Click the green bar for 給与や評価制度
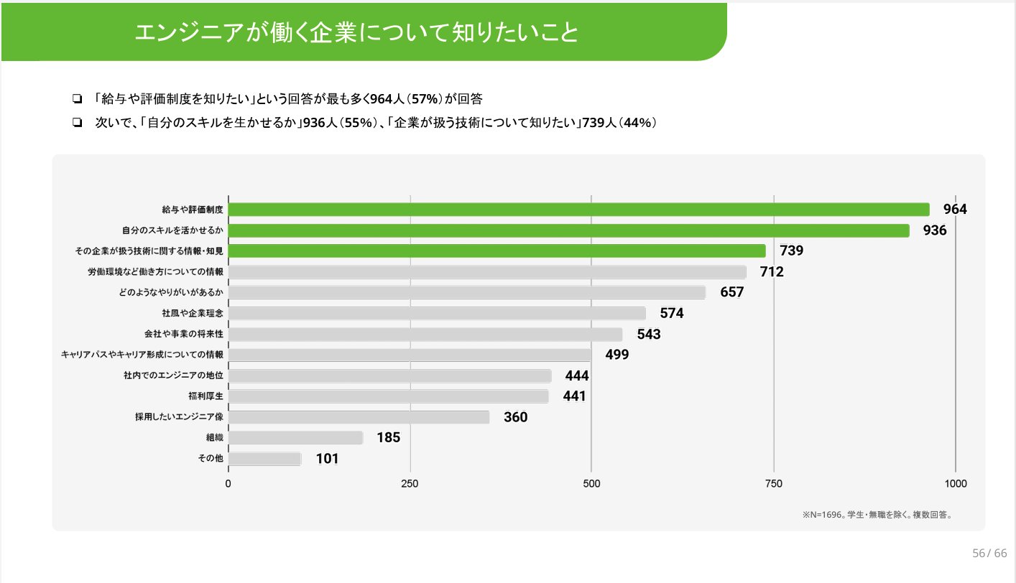[578, 210]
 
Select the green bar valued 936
[568, 230]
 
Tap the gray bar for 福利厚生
[388, 396]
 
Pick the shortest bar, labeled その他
[264, 459]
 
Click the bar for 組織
[295, 438]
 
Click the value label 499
[616, 355]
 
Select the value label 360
[515, 418]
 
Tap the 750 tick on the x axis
[774, 484]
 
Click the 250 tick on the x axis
[410, 484]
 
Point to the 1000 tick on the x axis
[956, 484]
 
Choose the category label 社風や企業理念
[193, 314]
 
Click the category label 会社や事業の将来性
[184, 335]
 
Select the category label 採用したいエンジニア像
[179, 417]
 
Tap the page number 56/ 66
[989, 554]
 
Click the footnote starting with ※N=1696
[877, 515]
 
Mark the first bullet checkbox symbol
[76, 99]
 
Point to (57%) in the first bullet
[426, 98]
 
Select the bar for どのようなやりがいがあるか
[466, 293]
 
